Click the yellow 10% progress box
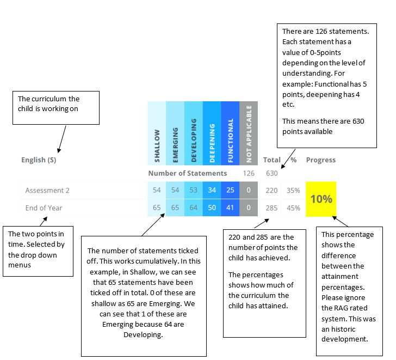point(321,199)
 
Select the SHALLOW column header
point(157,133)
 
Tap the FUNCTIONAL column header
point(230,133)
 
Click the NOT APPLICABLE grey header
point(249,133)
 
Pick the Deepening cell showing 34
point(212,190)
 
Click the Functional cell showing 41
point(230,208)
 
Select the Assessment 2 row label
point(47,191)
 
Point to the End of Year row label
point(44,208)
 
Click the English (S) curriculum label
point(39,160)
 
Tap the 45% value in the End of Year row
point(294,208)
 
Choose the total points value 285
point(272,208)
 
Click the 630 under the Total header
point(272,173)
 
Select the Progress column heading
point(321,160)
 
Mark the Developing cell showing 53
point(194,190)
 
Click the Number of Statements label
point(188,173)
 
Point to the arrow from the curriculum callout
point(62,139)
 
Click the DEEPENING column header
point(212,133)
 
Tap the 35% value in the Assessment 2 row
point(293,191)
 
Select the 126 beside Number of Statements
point(249,173)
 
